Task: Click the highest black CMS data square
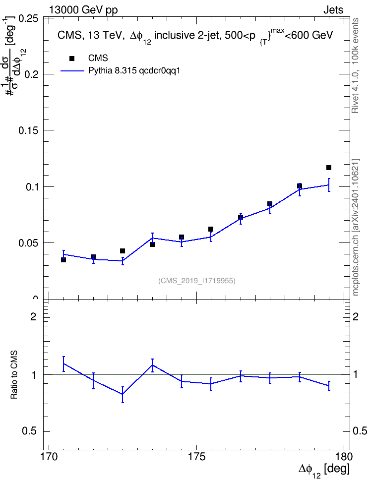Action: (329, 168)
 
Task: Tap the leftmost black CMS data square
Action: (63, 260)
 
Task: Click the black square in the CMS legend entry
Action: (72, 59)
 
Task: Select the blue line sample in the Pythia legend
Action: (72, 71)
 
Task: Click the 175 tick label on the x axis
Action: (197, 457)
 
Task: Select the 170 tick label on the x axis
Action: (49, 457)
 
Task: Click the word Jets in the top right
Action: (333, 10)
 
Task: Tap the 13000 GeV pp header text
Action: (83, 10)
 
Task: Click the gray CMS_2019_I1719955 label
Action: (197, 281)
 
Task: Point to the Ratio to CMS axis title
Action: (14, 375)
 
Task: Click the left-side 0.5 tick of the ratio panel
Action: (29, 431)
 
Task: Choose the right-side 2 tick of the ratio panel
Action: (356, 316)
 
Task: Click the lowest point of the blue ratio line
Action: (123, 394)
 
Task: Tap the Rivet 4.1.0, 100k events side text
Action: (356, 65)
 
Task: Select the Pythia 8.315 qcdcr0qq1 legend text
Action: (134, 71)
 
